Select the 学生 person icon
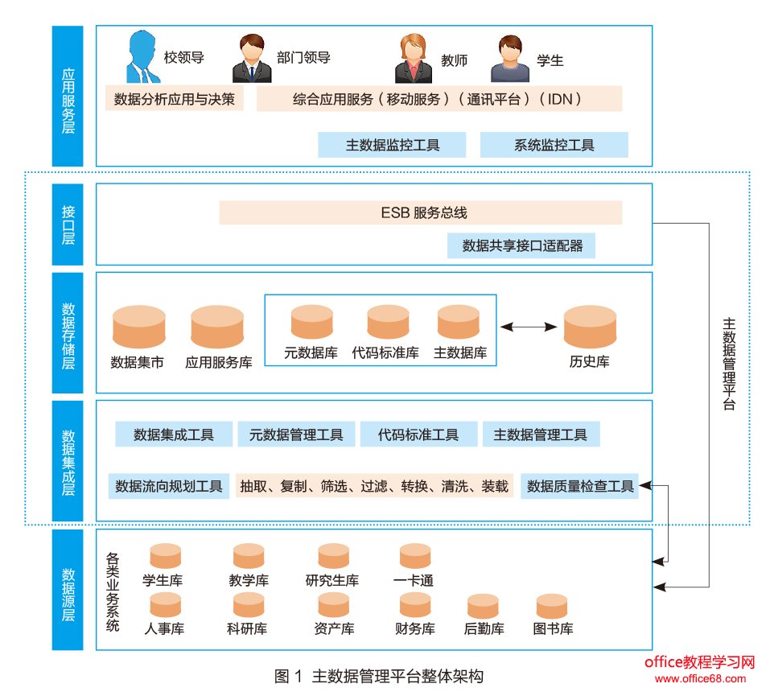[510, 59]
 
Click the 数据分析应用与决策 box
[175, 99]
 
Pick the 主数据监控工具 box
[392, 145]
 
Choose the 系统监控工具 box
[554, 145]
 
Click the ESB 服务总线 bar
[420, 213]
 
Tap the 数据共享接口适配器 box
[521, 245]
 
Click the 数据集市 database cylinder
[138, 327]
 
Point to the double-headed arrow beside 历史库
[529, 327]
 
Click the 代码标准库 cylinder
[388, 322]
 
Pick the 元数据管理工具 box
[296, 435]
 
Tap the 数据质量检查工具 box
[579, 486]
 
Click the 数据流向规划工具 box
[169, 486]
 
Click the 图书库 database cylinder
[552, 606]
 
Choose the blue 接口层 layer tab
[68, 224]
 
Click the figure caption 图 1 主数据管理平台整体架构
[379, 676]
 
